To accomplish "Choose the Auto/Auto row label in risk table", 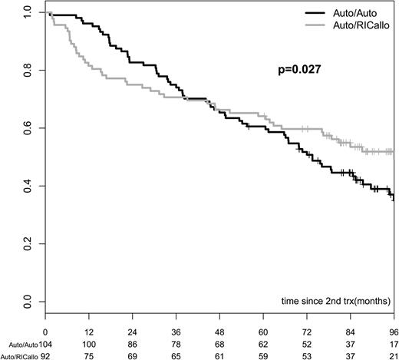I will (16, 343).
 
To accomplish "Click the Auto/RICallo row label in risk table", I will (18, 355).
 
